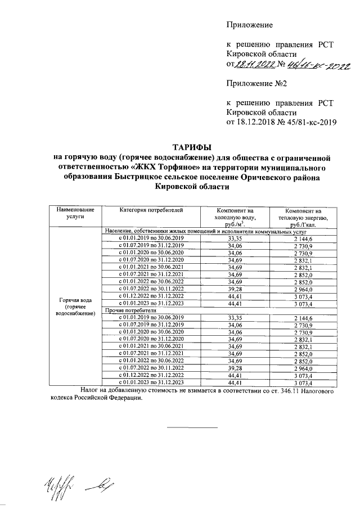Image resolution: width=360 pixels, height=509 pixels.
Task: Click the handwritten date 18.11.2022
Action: pos(254,65)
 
